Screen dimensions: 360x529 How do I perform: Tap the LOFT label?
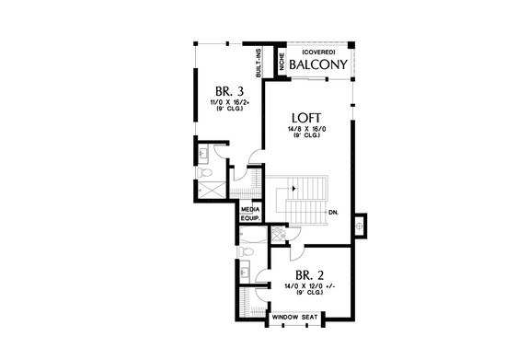click(x=306, y=118)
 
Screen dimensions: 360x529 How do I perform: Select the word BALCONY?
click(x=317, y=66)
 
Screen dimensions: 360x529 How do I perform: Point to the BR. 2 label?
click(x=308, y=274)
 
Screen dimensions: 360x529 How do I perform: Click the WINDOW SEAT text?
click(x=294, y=318)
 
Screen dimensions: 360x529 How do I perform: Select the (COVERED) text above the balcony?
click(x=317, y=52)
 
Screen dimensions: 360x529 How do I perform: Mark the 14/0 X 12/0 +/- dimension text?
click(x=307, y=287)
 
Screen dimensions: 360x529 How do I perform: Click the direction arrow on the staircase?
click(x=293, y=188)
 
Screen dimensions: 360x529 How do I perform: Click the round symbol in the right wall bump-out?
click(x=360, y=222)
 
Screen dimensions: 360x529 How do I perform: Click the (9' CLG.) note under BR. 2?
click(x=307, y=296)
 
